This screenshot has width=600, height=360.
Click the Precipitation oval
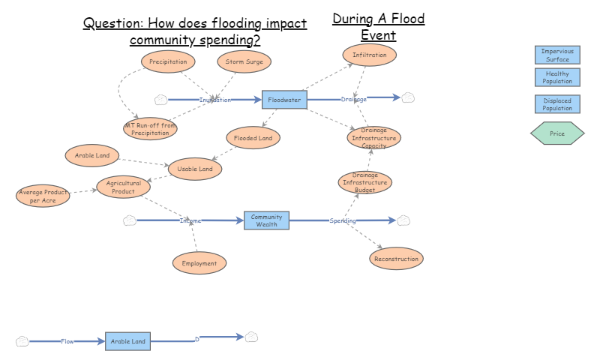(168, 61)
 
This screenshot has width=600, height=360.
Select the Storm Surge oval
(244, 61)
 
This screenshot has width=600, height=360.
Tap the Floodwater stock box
(284, 100)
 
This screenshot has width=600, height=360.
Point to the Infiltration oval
(369, 55)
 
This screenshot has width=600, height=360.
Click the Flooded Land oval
(253, 137)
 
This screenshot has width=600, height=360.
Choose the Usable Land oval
(195, 169)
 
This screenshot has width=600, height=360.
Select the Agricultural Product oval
(124, 187)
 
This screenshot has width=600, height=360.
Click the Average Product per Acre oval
(43, 196)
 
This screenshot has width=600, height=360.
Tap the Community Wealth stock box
(266, 220)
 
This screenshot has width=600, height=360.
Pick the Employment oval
(199, 263)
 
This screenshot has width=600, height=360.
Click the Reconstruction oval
(396, 259)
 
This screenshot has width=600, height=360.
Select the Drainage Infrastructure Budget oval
(364, 182)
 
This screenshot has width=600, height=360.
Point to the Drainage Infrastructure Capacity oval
(373, 137)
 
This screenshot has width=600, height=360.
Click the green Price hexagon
(557, 133)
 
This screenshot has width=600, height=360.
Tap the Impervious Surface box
(557, 55)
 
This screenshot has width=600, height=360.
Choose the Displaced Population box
(557, 104)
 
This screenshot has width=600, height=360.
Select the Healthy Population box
(557, 78)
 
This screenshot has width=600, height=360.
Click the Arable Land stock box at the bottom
(127, 341)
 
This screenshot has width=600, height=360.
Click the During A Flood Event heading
(379, 26)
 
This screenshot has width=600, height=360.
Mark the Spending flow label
(343, 220)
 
